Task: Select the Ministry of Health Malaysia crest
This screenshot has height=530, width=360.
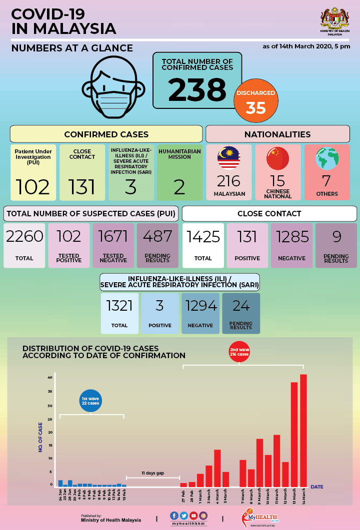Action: coord(331,20)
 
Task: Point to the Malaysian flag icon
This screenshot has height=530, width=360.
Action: coord(229,158)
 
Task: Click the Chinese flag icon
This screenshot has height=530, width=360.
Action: coord(277,158)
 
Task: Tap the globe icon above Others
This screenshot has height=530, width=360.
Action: coord(327,158)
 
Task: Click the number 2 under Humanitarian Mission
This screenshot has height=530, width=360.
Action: coord(179,187)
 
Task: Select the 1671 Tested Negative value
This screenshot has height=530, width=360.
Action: coord(113,236)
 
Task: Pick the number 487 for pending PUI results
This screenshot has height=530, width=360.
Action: coord(157,236)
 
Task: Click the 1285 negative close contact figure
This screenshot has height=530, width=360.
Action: coord(291,236)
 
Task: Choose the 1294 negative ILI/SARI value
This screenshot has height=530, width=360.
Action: coord(200,305)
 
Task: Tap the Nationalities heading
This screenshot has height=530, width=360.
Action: coord(277,134)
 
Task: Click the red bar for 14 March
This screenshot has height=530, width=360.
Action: coord(303,430)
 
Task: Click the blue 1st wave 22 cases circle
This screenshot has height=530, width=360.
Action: coord(90,401)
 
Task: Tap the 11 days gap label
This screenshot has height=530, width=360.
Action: coord(152,473)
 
